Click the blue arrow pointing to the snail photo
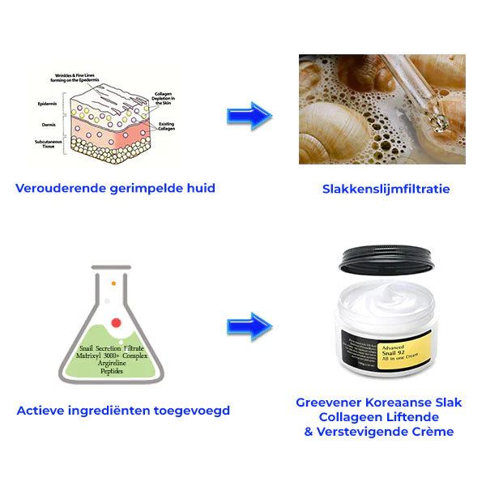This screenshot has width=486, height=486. [249, 116]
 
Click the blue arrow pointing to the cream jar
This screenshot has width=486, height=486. [249, 326]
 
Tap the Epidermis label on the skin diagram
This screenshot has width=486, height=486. [47, 104]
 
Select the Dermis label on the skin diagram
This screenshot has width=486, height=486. [48, 124]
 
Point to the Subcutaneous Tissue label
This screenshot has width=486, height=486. [47, 144]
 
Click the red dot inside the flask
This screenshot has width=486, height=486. [116, 322]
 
